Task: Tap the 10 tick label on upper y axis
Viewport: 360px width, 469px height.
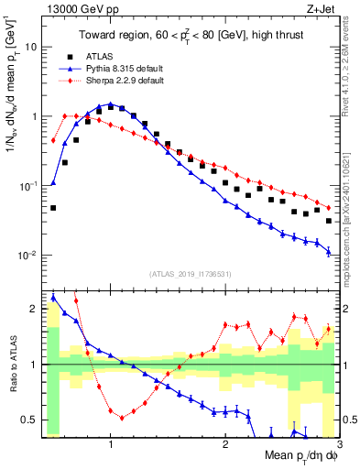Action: (32, 47)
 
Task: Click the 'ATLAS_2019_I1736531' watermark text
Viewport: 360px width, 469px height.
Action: (191, 273)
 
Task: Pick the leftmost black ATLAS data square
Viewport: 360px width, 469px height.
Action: (53, 208)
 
